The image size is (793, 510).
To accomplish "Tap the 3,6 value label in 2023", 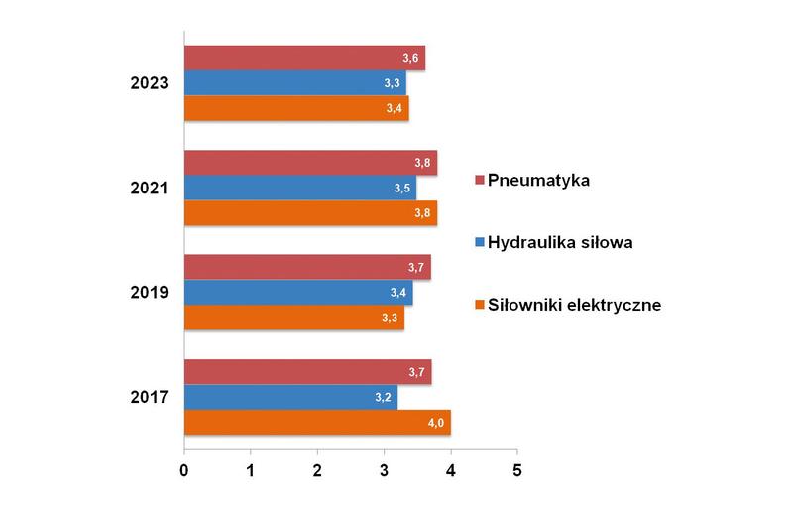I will (408, 59).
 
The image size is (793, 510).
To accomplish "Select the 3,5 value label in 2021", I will (400, 188).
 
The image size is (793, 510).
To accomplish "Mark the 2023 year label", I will (149, 83).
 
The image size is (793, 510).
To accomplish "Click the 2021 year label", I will (149, 188).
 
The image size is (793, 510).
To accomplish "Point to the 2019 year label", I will (149, 293).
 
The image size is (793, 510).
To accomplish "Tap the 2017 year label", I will (149, 398).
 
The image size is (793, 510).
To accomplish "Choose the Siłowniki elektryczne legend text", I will (574, 304).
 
